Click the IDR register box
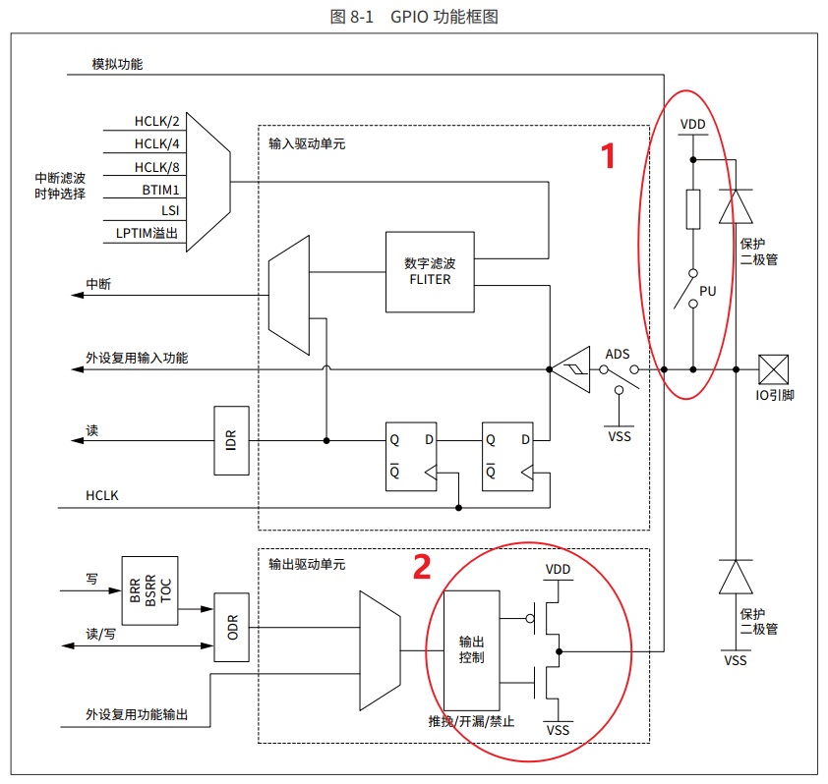(231, 440)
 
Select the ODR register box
(231, 628)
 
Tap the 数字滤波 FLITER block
(430, 272)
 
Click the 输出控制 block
(472, 650)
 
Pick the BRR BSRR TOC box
(150, 590)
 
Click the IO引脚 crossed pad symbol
(773, 369)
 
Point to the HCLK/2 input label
(156, 122)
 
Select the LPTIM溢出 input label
(147, 233)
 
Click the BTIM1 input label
(160, 190)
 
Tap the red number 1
(609, 155)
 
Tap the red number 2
(422, 567)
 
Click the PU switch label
(708, 291)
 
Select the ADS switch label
(618, 354)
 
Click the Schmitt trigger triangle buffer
(570, 369)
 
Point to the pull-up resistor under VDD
(693, 209)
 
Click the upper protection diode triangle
(736, 206)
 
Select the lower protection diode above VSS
(736, 577)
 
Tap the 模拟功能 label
(117, 65)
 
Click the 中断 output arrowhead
(78, 295)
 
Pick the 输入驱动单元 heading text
(307, 144)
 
